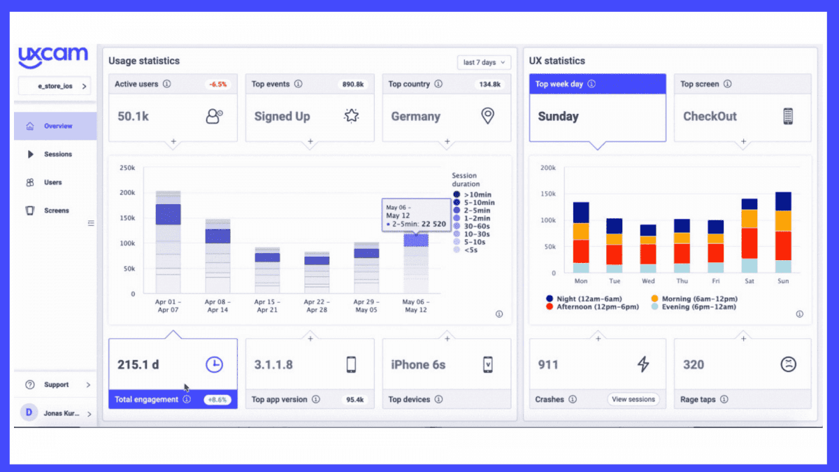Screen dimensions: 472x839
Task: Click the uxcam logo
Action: (53, 57)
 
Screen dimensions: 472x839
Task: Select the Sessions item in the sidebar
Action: (57, 155)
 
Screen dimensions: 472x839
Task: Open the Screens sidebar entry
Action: (56, 210)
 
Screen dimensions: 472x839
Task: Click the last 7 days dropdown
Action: (484, 62)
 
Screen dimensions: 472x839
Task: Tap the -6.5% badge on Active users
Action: (217, 84)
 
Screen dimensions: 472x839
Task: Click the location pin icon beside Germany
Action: (488, 116)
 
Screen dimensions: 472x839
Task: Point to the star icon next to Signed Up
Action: (352, 116)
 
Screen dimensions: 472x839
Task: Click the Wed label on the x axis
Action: (648, 281)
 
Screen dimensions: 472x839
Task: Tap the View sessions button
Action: (633, 399)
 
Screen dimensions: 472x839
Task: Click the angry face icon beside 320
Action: (789, 364)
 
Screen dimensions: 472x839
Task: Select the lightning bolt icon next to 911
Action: (643, 364)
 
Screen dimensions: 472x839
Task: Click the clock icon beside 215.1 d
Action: (214, 364)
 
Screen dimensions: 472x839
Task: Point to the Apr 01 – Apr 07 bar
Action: (168, 242)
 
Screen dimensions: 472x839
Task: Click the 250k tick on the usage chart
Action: (127, 168)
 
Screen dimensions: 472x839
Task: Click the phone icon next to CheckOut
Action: (789, 116)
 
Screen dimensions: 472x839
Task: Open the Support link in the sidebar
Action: (56, 385)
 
